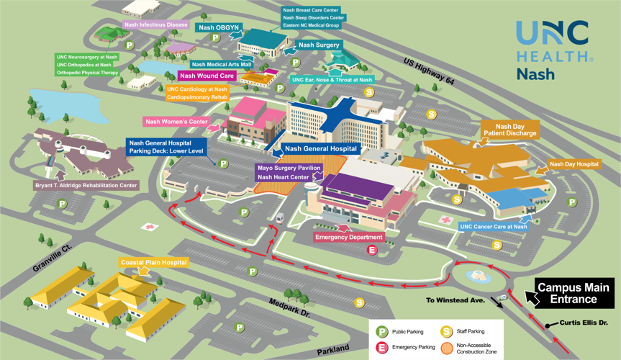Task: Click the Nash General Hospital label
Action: tap(320, 149)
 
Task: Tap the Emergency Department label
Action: tap(349, 237)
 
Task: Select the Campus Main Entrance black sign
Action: tap(574, 293)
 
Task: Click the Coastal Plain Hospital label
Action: tap(153, 263)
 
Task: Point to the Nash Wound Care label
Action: tap(207, 76)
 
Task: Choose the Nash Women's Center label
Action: tap(176, 122)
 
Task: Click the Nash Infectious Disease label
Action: tap(155, 24)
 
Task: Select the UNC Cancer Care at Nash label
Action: tap(493, 227)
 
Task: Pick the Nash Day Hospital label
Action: tap(574, 164)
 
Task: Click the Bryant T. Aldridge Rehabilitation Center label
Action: tap(86, 186)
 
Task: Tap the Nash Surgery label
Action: tap(319, 45)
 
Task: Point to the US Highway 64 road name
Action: tap(429, 72)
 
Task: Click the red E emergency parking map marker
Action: tap(372, 251)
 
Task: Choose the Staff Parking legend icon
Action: tap(446, 332)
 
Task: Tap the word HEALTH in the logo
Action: tap(552, 56)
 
